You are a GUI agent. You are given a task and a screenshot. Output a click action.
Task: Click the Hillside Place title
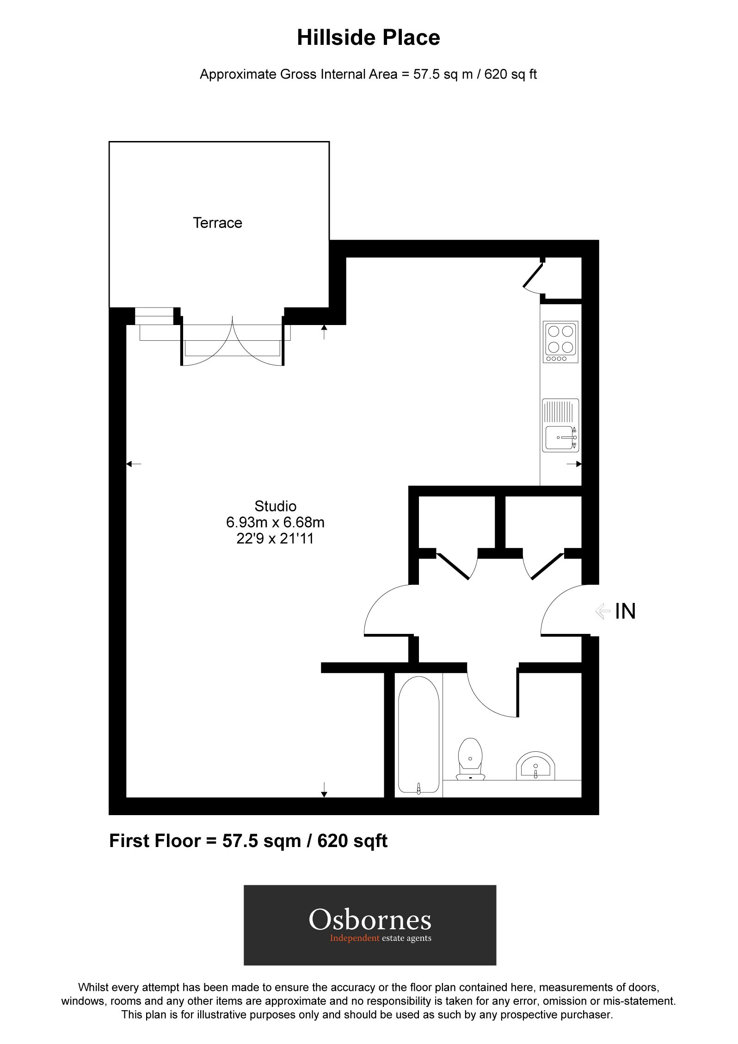coord(368,38)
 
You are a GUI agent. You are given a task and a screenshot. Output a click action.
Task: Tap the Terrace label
coord(217,223)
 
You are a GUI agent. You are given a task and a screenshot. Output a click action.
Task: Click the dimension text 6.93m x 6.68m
coord(275,522)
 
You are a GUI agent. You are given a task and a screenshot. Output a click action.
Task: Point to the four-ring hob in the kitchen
coord(561,342)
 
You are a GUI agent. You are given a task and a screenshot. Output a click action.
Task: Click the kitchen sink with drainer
coord(560,425)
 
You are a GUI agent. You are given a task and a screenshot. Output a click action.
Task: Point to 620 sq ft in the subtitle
coord(510,74)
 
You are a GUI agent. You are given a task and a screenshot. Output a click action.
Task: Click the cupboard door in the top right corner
coord(533,276)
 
